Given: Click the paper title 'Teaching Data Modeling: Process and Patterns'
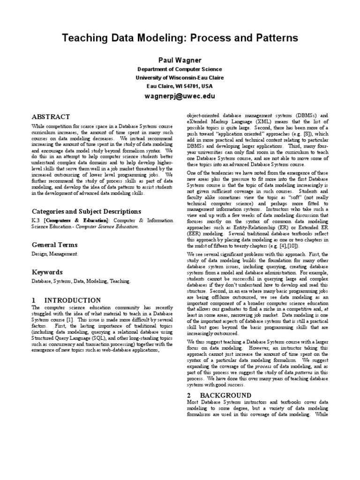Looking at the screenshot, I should pos(180,38).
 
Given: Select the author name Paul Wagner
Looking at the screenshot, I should pos(180,60).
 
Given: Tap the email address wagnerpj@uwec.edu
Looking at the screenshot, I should pos(180,97).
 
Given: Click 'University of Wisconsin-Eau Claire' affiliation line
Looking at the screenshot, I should pos(180,78).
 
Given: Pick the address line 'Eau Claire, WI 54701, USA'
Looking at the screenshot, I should pos(180,86).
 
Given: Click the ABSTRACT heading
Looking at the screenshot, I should pos(51,117).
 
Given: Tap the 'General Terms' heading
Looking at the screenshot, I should pos(54,245).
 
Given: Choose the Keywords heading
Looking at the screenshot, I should pos(47,272).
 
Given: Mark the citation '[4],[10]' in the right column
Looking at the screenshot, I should pos(285,246).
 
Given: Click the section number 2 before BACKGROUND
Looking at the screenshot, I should pos(189,395).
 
